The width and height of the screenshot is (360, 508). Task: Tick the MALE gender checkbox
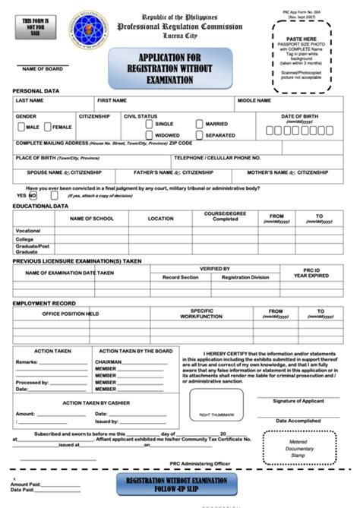(21, 127)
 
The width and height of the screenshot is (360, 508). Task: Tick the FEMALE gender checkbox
(47, 127)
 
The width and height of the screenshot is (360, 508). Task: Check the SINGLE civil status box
(150, 123)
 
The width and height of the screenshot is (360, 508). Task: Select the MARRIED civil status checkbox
(200, 123)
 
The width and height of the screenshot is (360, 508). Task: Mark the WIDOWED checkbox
(150, 134)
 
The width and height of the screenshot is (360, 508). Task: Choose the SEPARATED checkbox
(200, 134)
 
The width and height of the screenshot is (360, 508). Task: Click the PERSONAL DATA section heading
(35, 90)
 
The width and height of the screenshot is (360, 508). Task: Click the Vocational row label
(28, 230)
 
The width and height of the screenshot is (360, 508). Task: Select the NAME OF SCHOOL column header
(91, 218)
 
